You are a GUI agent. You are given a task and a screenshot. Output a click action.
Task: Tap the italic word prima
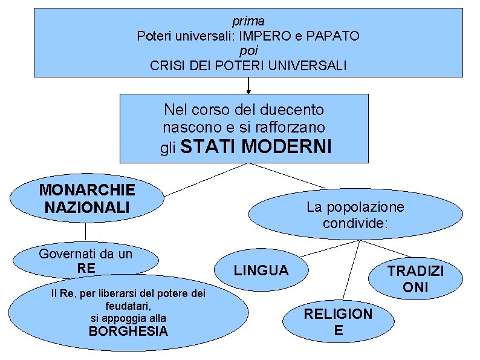248,21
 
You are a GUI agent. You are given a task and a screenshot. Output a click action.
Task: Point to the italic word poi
248,50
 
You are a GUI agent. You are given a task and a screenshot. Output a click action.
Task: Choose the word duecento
292,110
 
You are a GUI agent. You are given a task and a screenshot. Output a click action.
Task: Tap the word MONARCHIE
87,190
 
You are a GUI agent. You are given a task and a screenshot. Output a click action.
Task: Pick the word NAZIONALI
87,208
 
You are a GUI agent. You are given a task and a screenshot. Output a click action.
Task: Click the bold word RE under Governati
86,268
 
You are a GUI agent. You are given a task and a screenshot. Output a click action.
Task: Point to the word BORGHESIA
128,332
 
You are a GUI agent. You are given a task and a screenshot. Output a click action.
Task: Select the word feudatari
128,306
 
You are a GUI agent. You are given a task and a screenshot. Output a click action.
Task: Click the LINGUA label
261,270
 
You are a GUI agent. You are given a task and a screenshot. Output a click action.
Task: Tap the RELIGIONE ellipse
338,321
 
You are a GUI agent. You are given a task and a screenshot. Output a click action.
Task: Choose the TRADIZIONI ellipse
415,279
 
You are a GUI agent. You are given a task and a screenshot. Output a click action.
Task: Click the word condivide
355,224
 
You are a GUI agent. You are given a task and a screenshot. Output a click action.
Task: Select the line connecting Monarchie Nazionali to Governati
85,232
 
